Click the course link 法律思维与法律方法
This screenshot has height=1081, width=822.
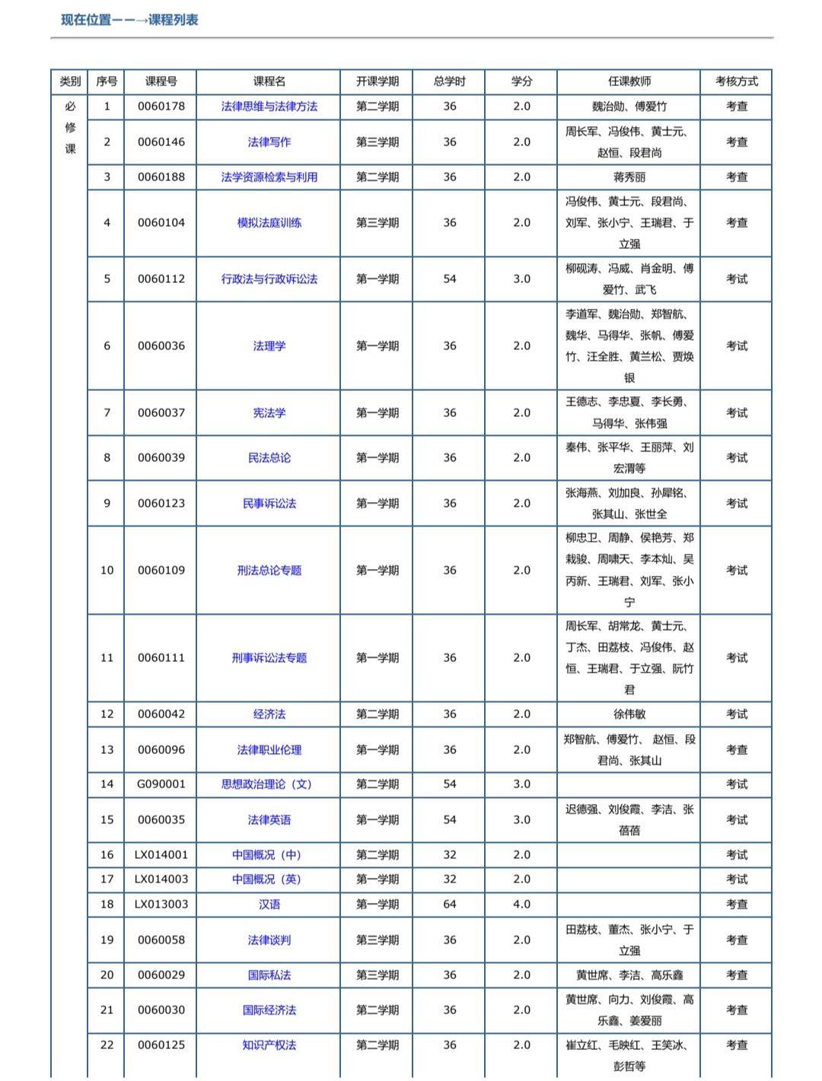pyautogui.click(x=269, y=107)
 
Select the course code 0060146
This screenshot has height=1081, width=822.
pyautogui.click(x=161, y=141)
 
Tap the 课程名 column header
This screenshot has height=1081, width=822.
pyautogui.click(x=269, y=81)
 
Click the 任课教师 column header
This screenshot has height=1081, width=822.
pyautogui.click(x=629, y=81)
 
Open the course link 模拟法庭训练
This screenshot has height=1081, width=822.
pyautogui.click(x=269, y=223)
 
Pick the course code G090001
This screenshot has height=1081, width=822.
pyautogui.click(x=161, y=784)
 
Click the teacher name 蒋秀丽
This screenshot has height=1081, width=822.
pyautogui.click(x=629, y=177)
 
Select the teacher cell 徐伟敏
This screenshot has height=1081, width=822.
pyautogui.click(x=629, y=714)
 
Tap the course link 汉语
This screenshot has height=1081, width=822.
pyautogui.click(x=269, y=905)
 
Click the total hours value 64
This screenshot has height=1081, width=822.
pyautogui.click(x=450, y=905)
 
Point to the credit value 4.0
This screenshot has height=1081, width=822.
pyautogui.click(x=521, y=905)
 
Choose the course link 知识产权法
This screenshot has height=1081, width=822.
pyautogui.click(x=269, y=1045)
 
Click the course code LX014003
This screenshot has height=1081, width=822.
pyautogui.click(x=161, y=879)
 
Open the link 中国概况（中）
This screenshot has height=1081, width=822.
pyautogui.click(x=269, y=855)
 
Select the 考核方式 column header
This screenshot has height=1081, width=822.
pyautogui.click(x=736, y=81)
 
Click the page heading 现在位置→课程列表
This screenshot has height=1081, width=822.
pyautogui.click(x=129, y=20)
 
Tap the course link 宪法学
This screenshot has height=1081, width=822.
pyautogui.click(x=269, y=413)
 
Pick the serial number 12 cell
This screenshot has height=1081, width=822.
pyautogui.click(x=107, y=714)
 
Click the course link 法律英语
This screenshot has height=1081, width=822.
pyautogui.click(x=269, y=820)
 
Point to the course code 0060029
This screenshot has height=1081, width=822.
pyautogui.click(x=161, y=975)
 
